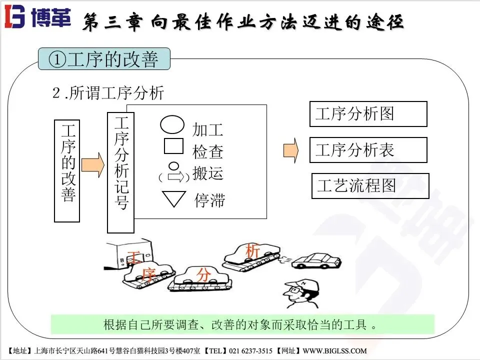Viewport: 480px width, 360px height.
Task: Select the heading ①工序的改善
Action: pyautogui.click(x=104, y=59)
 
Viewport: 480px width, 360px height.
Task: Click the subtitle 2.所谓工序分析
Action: pyautogui.click(x=108, y=93)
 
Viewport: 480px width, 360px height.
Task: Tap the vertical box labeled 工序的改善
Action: pyautogui.click(x=67, y=170)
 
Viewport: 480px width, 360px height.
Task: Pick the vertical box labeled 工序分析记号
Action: pyautogui.click(x=121, y=172)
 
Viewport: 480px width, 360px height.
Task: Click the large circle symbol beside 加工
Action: pyautogui.click(x=172, y=124)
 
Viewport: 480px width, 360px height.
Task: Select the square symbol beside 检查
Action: pyautogui.click(x=173, y=146)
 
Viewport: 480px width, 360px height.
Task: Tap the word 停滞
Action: pyautogui.click(x=209, y=200)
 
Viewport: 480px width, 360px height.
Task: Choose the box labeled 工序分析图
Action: pyautogui.click(x=368, y=114)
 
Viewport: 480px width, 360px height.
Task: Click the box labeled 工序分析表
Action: pyautogui.click(x=368, y=150)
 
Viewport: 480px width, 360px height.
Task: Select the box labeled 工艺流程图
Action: pyautogui.click(x=370, y=186)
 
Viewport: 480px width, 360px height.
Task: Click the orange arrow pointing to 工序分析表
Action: pyautogui.click(x=290, y=150)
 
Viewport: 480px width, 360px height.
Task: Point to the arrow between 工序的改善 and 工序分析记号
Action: pyautogui.click(x=93, y=164)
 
